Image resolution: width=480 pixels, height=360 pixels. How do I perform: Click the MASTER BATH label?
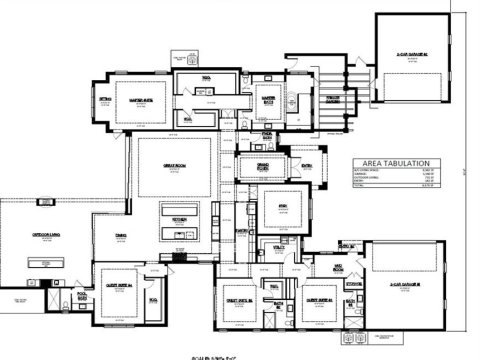point(269,98)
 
